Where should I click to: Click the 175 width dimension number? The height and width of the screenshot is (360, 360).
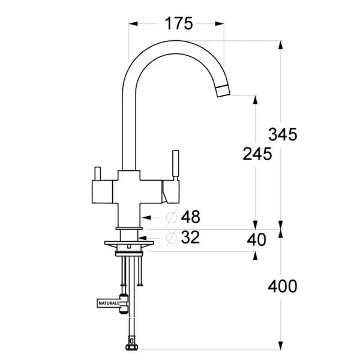179,23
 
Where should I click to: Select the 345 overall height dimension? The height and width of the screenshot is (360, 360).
283,134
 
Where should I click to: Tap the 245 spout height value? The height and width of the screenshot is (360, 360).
257,154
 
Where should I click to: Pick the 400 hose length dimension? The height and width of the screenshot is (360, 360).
283,286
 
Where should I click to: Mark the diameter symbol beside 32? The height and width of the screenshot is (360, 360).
171,238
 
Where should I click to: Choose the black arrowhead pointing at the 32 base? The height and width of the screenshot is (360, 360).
146,238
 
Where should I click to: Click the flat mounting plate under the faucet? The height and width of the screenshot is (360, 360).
129,244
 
